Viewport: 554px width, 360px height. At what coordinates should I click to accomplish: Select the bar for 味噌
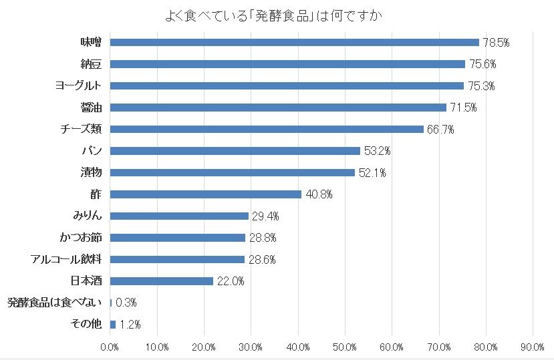[x=294, y=42]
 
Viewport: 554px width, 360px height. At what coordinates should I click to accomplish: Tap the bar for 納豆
[x=287, y=64]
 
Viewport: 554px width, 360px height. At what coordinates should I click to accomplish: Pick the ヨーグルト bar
[x=287, y=85]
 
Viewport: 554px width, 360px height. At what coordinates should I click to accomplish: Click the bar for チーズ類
[x=267, y=129]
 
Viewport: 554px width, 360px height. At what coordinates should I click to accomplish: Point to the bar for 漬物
[x=232, y=172]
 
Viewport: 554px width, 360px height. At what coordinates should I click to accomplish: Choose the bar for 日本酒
[x=161, y=281]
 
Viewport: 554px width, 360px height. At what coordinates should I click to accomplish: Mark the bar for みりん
[x=178, y=216]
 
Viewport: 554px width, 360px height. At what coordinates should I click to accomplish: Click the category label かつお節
[x=80, y=237]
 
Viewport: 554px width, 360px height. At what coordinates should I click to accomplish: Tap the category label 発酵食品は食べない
[x=53, y=303]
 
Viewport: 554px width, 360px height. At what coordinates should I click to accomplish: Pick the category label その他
[x=86, y=324]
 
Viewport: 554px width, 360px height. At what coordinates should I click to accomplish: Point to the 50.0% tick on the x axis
[x=344, y=347]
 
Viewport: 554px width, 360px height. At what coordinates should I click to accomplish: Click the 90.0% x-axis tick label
[x=533, y=347]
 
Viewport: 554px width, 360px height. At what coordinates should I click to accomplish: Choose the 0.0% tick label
[x=109, y=347]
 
